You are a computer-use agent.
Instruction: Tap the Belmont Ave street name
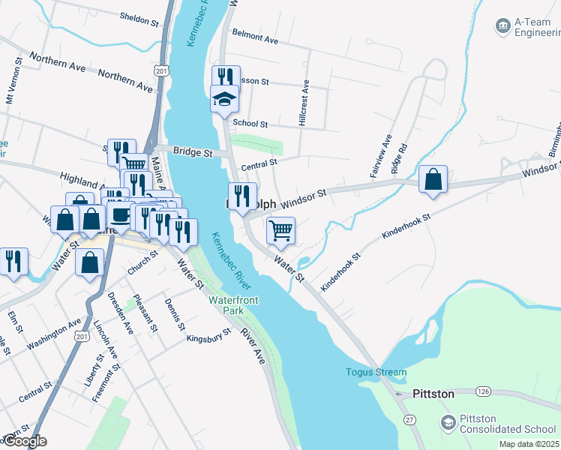pos(255,37)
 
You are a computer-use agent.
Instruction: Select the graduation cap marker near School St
pos(224,99)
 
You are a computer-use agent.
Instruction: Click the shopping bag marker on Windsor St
pos(433,179)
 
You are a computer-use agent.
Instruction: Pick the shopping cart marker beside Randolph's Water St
pos(280,231)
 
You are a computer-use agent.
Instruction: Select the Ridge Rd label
pos(400,159)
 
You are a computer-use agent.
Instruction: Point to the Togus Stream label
pos(376,372)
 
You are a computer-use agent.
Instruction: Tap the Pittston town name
pos(433,394)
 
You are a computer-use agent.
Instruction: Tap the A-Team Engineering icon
pos(502,26)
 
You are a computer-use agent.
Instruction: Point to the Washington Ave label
pos(54,334)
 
